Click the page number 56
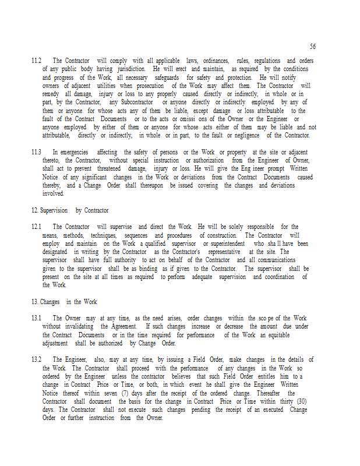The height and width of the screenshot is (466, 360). point(313,47)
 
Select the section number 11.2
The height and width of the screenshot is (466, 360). point(36,61)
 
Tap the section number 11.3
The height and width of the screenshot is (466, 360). point(36,153)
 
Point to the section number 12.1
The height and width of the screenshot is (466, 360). point(36,227)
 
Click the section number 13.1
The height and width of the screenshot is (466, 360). point(36,319)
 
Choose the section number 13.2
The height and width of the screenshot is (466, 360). point(36,360)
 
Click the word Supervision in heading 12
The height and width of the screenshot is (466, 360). point(54,210)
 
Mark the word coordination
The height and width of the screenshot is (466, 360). point(282,277)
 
